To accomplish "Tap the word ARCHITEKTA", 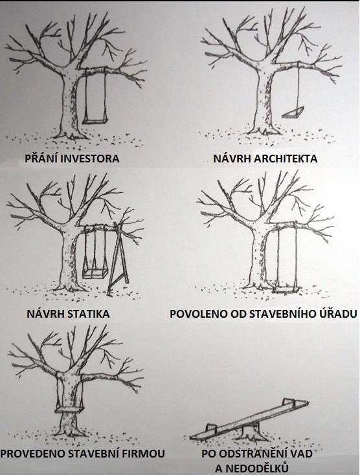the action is point(286,159).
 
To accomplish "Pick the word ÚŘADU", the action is point(338,313).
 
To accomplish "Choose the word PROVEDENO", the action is point(33,454).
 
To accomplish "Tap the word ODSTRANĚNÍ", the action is point(251,453).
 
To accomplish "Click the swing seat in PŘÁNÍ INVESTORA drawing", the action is point(95,121).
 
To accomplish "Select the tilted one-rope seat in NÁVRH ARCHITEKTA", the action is point(293,113).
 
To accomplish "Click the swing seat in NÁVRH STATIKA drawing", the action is point(95,274).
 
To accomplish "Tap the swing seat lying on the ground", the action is point(287,290).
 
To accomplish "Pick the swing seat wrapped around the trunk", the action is point(69,410).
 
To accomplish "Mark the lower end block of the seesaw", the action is point(211,428).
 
